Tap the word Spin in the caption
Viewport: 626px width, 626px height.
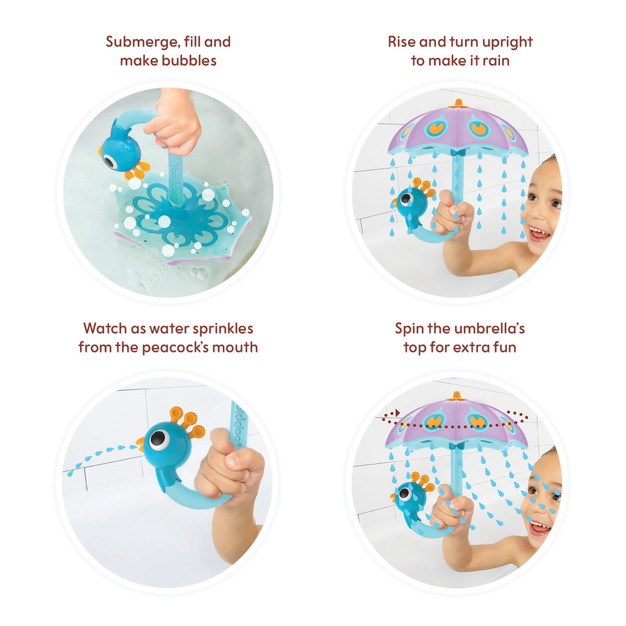[x=409, y=329]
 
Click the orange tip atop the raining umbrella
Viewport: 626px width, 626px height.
[x=458, y=104]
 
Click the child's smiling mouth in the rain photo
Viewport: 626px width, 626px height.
[x=539, y=233]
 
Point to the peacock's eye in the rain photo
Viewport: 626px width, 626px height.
[x=406, y=199]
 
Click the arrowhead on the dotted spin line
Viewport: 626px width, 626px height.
[x=397, y=413]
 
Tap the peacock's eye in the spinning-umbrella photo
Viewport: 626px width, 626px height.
[x=405, y=494]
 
